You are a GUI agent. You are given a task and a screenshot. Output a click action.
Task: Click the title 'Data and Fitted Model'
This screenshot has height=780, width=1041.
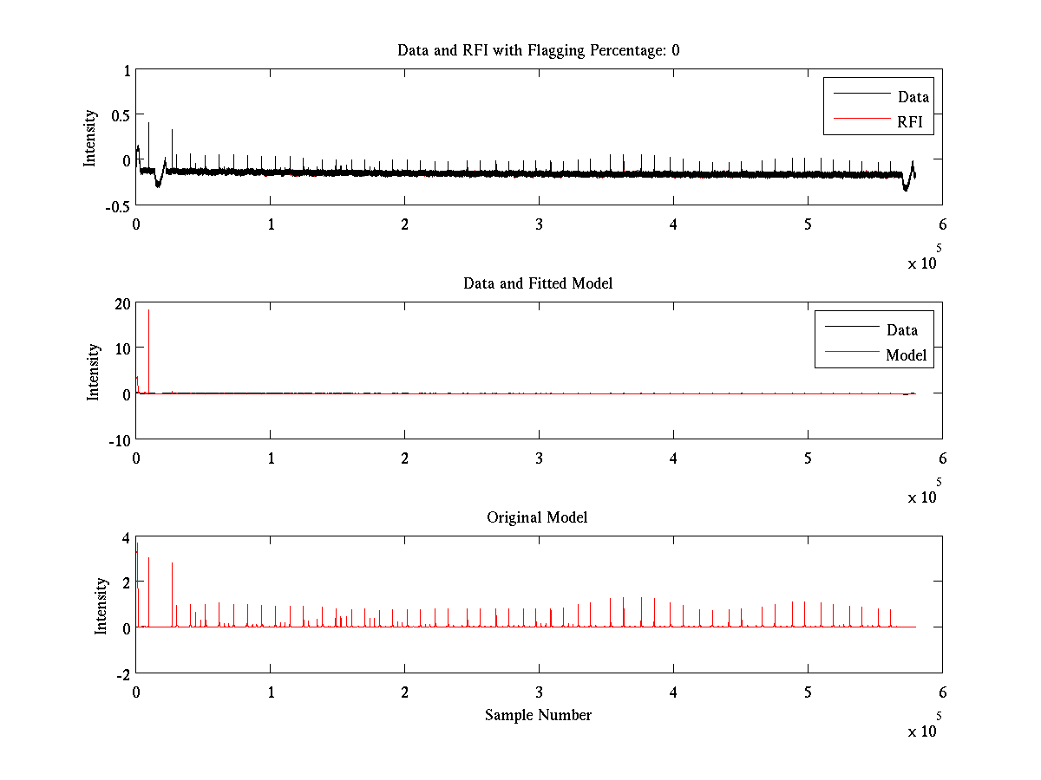(538, 283)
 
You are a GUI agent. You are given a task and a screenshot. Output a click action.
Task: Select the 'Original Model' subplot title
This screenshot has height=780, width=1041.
(537, 517)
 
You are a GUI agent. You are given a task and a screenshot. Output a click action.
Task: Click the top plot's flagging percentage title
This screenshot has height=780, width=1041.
(538, 50)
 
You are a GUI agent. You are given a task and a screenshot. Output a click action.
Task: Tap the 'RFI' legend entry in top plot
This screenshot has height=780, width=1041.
(915, 122)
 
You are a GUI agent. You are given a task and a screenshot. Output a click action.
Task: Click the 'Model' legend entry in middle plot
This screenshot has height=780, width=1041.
(906, 354)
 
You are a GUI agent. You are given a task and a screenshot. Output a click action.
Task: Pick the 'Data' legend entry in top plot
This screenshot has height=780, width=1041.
(913, 97)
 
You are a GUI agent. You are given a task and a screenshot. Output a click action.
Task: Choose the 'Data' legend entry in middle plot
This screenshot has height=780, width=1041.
(901, 329)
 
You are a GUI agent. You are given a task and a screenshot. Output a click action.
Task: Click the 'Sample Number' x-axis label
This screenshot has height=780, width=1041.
(538, 715)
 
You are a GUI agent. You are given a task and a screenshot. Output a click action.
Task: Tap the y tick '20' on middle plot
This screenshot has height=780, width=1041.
(120, 303)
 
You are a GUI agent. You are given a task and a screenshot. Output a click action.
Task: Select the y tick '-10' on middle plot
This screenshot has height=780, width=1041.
(116, 439)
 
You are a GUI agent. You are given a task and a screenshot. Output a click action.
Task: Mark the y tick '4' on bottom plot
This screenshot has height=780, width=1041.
(125, 537)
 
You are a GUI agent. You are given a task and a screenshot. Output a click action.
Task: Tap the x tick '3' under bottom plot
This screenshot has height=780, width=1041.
(539, 692)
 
